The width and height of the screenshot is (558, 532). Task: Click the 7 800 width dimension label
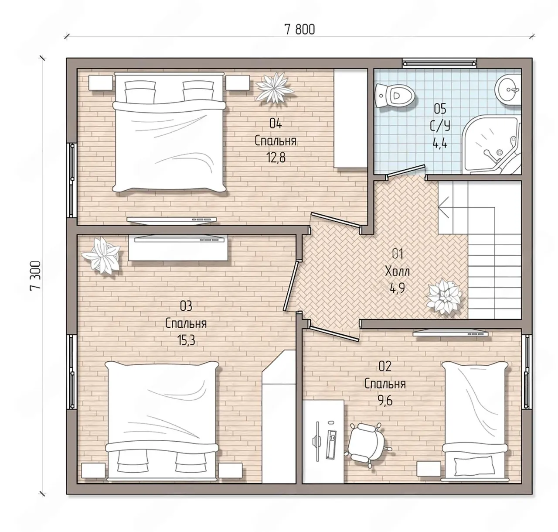tap(299, 30)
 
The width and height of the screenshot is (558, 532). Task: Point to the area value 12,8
tap(276, 157)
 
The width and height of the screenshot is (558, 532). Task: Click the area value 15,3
tap(186, 340)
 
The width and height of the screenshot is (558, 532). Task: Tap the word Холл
tap(397, 272)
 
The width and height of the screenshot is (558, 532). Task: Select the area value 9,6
tap(384, 401)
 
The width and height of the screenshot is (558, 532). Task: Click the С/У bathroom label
tap(440, 126)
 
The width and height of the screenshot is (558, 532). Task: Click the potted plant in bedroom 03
tap(101, 255)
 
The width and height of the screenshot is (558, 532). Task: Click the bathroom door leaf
tap(406, 172)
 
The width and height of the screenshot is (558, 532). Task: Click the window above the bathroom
tap(439, 63)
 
